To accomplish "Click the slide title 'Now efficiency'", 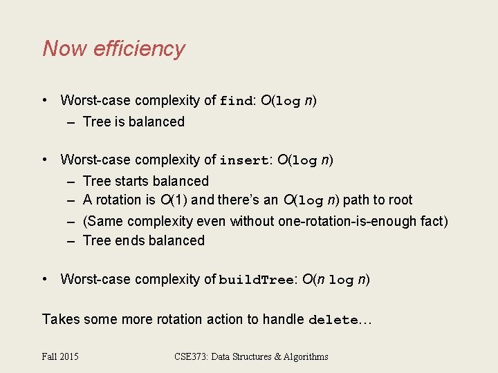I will point(113,49).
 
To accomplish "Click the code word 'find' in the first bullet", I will point(235,101).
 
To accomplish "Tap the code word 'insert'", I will point(243,161).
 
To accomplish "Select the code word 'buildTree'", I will point(257,280).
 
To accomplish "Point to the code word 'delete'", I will point(333,321).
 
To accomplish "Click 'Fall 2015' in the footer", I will point(60,356).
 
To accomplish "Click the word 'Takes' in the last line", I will point(59,319).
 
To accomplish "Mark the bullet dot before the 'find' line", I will point(45,100).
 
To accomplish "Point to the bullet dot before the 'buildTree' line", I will point(45,279).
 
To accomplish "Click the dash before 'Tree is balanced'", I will point(71,122).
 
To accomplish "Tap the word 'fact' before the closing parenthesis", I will point(431,221).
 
